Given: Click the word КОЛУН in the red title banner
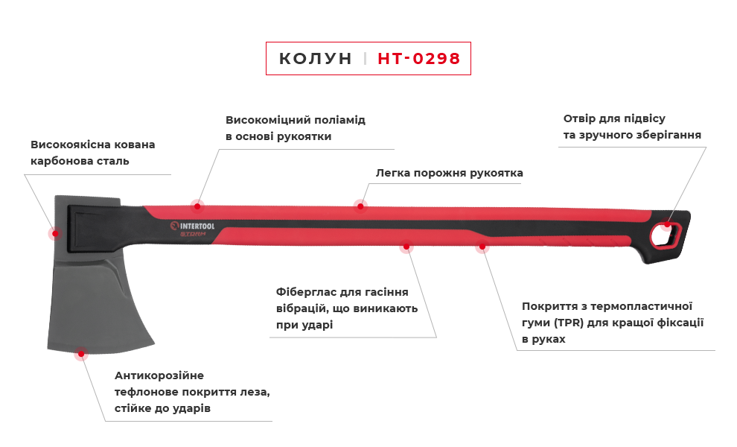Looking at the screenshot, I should [x=315, y=59].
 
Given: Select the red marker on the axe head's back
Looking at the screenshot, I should [x=52, y=233].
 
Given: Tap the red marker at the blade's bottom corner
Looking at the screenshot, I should [x=80, y=356].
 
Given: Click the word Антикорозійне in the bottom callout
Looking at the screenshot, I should [x=159, y=375].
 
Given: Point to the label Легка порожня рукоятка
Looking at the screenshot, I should [x=450, y=173].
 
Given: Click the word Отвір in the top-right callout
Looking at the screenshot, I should [x=578, y=118].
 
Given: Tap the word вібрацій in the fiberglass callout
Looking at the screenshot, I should [x=297, y=308].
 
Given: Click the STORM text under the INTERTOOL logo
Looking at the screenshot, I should [x=193, y=233].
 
